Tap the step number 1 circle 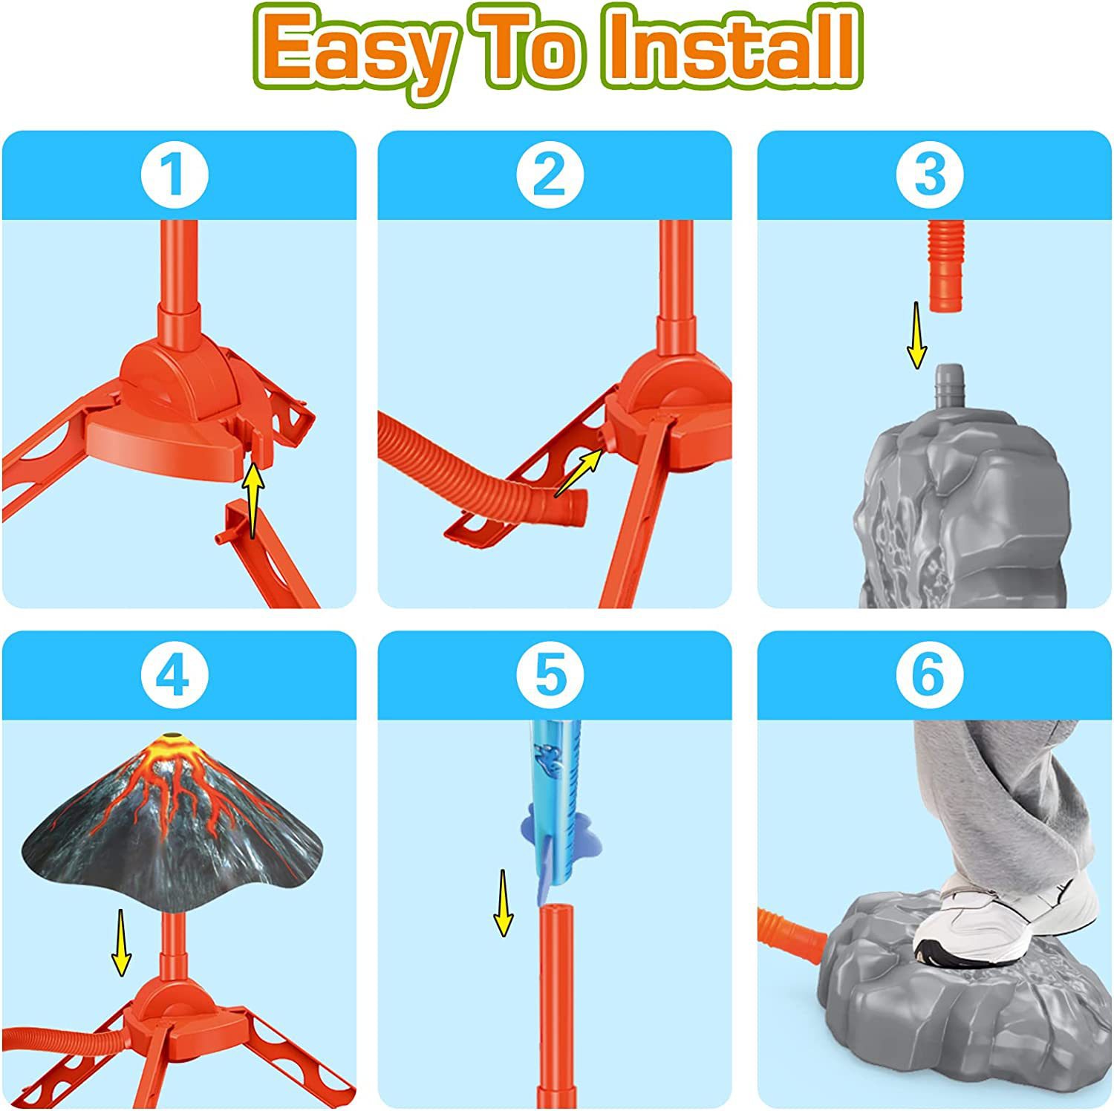click(x=175, y=175)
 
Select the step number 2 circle click(x=550, y=175)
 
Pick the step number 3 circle click(x=929, y=175)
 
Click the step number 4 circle click(x=175, y=676)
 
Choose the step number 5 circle click(x=550, y=676)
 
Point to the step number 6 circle click(x=929, y=676)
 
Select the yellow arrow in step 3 click(x=917, y=334)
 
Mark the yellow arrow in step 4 click(x=121, y=943)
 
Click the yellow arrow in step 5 click(x=504, y=902)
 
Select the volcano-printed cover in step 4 click(x=175, y=824)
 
